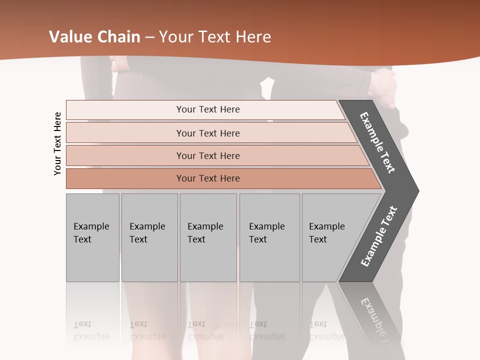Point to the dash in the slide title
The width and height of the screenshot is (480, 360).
click(149, 37)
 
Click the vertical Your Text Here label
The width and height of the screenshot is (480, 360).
click(57, 143)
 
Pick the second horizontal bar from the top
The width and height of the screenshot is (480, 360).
click(207, 133)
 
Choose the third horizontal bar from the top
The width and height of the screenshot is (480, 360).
click(207, 155)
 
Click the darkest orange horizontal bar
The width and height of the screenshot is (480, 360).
click(207, 178)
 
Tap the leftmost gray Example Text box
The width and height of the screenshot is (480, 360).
click(92, 237)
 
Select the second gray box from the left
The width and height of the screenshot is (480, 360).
click(149, 237)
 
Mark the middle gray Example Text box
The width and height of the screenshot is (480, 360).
click(208, 237)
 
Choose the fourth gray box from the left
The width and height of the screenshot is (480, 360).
click(269, 237)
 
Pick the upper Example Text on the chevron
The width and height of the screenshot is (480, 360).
click(378, 142)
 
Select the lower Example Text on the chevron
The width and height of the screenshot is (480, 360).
click(379, 236)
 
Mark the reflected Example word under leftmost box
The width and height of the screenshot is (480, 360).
click(91, 336)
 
